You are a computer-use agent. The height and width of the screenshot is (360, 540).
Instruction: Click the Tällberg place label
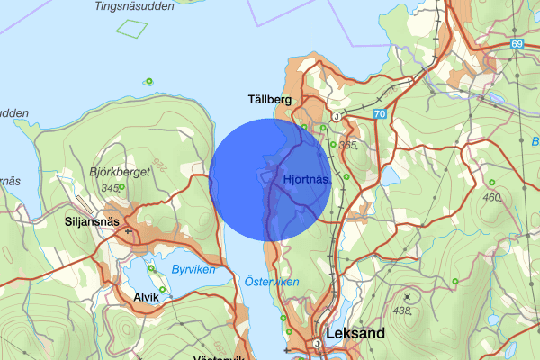pos(270,100)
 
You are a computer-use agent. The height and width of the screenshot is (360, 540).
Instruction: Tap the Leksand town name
pos(355,333)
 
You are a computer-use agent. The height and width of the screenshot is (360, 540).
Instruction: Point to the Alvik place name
pos(146,297)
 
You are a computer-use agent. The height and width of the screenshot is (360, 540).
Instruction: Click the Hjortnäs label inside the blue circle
pos(307,179)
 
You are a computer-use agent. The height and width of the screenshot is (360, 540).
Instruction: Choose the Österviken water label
pos(272,282)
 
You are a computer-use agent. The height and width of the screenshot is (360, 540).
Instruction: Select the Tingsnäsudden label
pos(135,6)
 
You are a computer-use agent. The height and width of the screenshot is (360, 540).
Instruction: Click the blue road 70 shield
pos(378,114)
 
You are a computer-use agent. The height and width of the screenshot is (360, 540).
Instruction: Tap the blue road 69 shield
pos(516,43)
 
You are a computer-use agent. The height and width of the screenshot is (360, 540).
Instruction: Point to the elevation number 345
pos(112,187)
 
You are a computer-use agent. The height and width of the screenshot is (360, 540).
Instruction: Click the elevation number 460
pos(492,197)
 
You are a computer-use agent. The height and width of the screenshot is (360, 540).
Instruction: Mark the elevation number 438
pos(402,310)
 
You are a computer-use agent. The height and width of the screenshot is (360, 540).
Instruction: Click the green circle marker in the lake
pos(148,82)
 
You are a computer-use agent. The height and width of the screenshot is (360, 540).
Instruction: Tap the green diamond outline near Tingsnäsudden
pos(131,27)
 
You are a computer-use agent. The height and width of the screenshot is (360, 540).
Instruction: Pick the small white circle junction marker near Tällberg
pos(335,117)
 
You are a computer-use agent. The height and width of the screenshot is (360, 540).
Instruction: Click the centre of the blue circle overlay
pos(270,179)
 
